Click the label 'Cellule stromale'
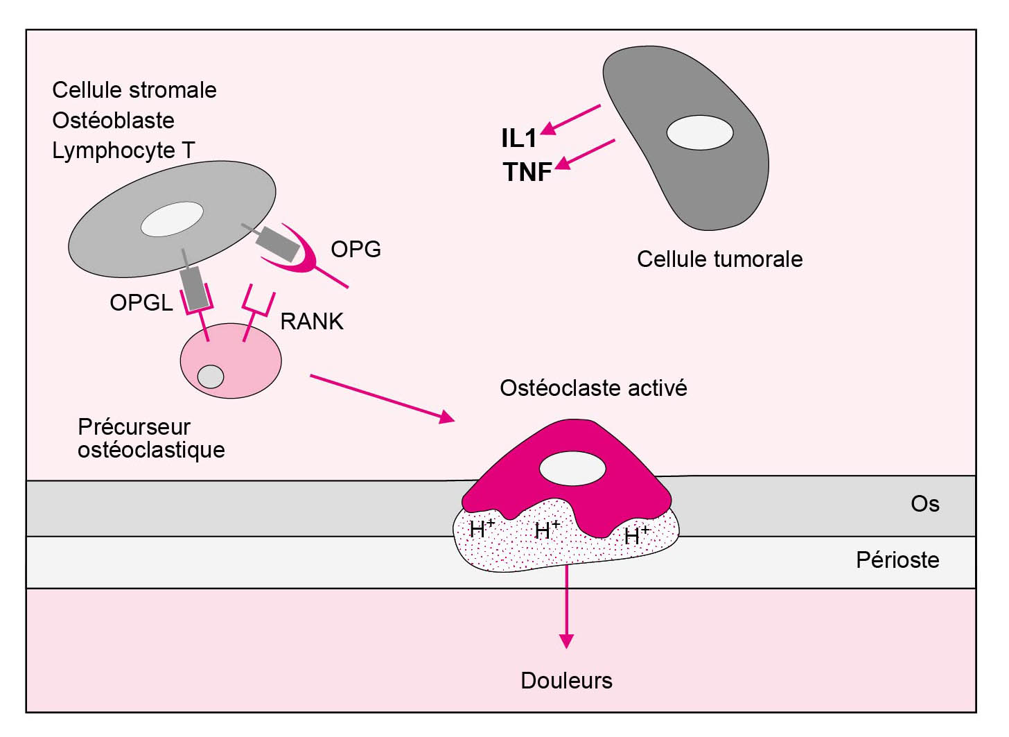pyautogui.click(x=134, y=90)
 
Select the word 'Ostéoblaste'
pyautogui.click(x=113, y=121)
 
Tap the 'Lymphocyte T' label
pyautogui.click(x=123, y=150)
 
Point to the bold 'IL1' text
pyautogui.click(x=518, y=139)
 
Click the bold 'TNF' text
pyautogui.click(x=527, y=172)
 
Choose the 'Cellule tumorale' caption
pyautogui.click(x=719, y=259)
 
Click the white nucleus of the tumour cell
pyautogui.click(x=699, y=132)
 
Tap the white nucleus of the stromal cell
pyautogui.click(x=172, y=219)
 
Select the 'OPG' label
pyautogui.click(x=356, y=250)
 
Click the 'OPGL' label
pyautogui.click(x=141, y=303)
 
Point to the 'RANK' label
pyautogui.click(x=312, y=322)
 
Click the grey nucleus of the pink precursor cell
pyautogui.click(x=211, y=376)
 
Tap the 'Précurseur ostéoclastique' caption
pyautogui.click(x=151, y=438)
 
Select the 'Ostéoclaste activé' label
pyautogui.click(x=593, y=388)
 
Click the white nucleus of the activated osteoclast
pyautogui.click(x=572, y=469)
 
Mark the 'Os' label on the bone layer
pyautogui.click(x=924, y=504)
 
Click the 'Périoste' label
pyautogui.click(x=897, y=560)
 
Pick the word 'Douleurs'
pyautogui.click(x=566, y=681)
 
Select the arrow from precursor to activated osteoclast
pyautogui.click(x=381, y=398)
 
